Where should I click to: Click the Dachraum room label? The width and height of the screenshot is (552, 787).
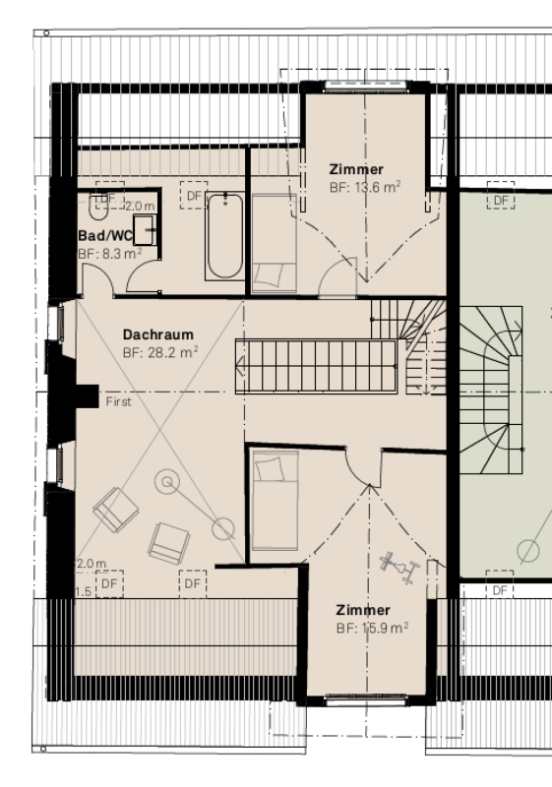coord(158,334)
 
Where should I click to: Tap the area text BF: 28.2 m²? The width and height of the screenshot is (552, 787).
coord(160,352)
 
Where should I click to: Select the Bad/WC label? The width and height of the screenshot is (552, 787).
coord(105,235)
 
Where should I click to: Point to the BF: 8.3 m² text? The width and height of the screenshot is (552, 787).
coord(110,254)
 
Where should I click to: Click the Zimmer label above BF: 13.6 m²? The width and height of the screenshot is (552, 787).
coord(356,169)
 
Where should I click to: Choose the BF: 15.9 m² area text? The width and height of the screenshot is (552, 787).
coord(372,628)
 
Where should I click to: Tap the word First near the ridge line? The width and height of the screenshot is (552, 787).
coord(118,401)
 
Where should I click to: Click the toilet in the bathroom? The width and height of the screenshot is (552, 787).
coord(98,208)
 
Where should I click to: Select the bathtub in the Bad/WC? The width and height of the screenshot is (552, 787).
coord(224,236)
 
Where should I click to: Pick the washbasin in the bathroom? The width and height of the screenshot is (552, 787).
coord(145,229)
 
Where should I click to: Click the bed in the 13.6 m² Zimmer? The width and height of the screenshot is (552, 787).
coord(274,243)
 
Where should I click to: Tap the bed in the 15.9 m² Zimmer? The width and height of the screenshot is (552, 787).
coord(276,501)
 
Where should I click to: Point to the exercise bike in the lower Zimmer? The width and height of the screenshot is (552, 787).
coord(399,568)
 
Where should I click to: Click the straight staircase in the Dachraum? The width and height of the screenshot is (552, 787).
coord(316,366)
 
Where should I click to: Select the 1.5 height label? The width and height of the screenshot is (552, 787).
coord(84,592)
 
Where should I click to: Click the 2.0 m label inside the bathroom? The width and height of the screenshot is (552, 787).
coord(140,207)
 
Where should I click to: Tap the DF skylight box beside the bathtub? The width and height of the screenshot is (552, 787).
coord(194,195)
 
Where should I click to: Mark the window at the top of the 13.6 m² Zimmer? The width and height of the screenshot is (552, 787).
coord(365,86)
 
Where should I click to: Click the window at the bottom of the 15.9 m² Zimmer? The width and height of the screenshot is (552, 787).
coord(366,699)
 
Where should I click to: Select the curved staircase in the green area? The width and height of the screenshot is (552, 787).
coord(492,390)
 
